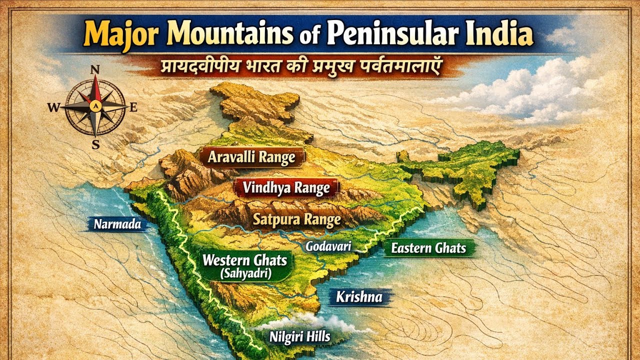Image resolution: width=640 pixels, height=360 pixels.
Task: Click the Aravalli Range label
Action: coord(251,157)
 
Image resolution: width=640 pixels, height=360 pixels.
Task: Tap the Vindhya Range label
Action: coord(286,188)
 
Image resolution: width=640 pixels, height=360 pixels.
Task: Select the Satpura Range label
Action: coord(296,219)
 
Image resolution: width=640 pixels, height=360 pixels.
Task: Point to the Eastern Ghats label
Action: coord(428,248)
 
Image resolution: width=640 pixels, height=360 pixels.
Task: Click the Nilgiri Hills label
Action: coord(299,336)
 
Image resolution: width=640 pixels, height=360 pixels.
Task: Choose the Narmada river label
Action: coord(117,224)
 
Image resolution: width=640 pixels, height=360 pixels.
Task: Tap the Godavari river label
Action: coord(328,246)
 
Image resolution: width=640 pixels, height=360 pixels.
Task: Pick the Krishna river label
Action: coord(359,297)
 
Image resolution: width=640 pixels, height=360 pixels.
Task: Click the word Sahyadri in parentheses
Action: coord(245,273)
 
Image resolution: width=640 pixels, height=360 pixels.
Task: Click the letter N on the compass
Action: coord(95,70)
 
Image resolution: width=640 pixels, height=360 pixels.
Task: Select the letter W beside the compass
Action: coord(53,106)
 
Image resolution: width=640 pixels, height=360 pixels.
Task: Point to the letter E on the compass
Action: coord(133,106)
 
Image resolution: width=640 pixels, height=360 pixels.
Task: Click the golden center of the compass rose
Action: coord(95,106)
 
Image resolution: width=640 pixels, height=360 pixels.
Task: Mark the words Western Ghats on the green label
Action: coord(244,260)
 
